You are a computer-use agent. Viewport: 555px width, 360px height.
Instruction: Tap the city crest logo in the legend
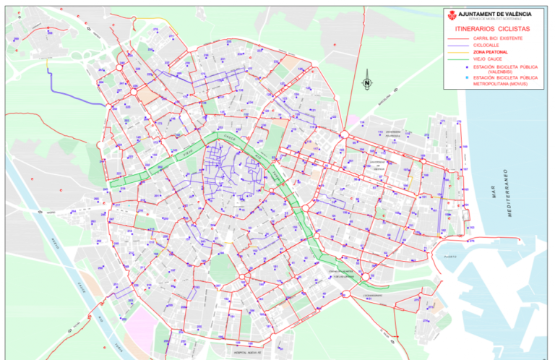tap(452, 15)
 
